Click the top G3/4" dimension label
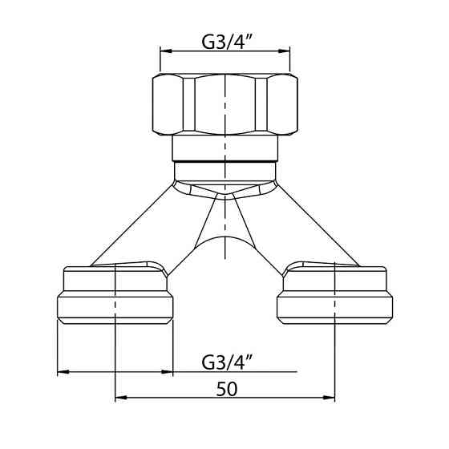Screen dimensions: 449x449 coord(226,42)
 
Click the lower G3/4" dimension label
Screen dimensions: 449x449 coord(226,362)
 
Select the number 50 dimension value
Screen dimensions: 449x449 coord(227,389)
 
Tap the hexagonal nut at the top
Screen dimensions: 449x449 coord(225,104)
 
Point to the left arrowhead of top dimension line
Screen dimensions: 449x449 coord(165,51)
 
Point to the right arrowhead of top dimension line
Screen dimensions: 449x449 coord(285,51)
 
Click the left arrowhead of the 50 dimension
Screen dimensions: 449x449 coord(121,398)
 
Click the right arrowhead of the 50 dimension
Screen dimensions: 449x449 coord(329,398)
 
